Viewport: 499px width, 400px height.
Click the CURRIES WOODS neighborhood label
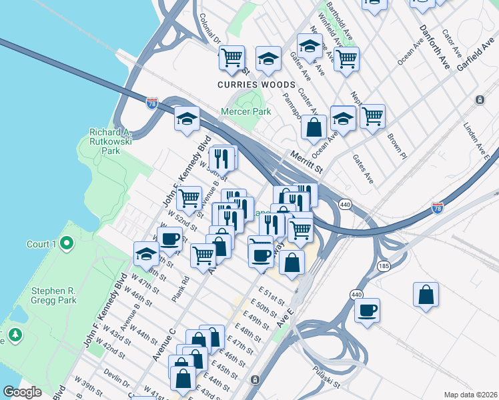click(256, 85)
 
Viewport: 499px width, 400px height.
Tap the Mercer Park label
click(247, 112)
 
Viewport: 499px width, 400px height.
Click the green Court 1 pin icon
click(66, 245)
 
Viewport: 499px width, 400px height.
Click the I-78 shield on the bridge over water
click(151, 101)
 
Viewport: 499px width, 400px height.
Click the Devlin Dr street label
click(117, 381)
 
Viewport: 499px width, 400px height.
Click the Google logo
click(22, 392)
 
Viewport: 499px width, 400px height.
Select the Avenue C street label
click(163, 343)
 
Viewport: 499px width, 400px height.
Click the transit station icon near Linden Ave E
click(480, 100)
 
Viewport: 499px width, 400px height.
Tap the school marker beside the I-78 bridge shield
click(187, 119)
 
